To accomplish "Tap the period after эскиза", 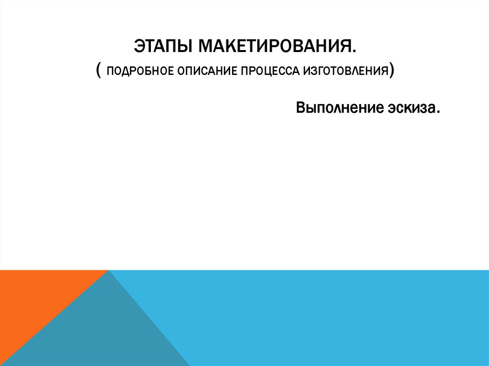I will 437,113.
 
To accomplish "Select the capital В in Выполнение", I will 300,108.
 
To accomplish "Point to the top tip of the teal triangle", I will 109,271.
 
